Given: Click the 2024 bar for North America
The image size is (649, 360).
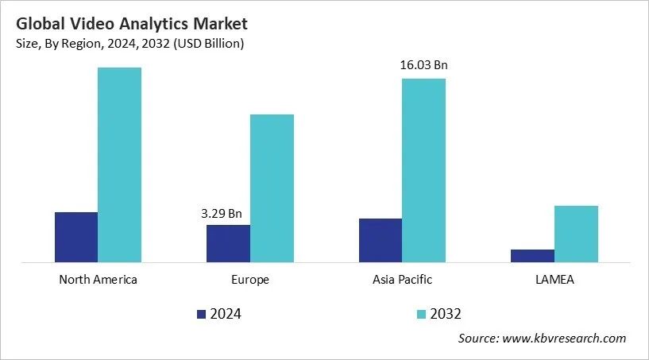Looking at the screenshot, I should pos(76,237).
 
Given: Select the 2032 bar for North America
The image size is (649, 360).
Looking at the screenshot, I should pos(120,165).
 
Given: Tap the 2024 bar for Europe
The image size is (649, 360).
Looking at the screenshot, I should pos(228,243).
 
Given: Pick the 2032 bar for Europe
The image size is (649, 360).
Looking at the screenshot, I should pos(272,188).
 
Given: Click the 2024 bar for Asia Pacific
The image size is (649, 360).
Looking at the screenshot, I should pos(381,240).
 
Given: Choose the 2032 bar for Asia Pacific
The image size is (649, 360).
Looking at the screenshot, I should pos(424,170).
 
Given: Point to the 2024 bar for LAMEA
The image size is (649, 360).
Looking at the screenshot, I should pos(532,255).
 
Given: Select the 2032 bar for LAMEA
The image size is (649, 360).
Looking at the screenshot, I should pos(576,234).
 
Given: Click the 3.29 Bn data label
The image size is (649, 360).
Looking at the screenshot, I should pos(222,213).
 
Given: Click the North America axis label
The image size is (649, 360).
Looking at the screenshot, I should pos(99,280).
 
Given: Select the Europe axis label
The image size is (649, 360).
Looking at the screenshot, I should pos(250,280).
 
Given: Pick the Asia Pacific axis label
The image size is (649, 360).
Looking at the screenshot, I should pos(402,280).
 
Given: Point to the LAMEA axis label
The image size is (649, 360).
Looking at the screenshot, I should pos(554,280).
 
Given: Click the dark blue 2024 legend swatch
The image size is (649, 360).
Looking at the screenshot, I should pos(201,314).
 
